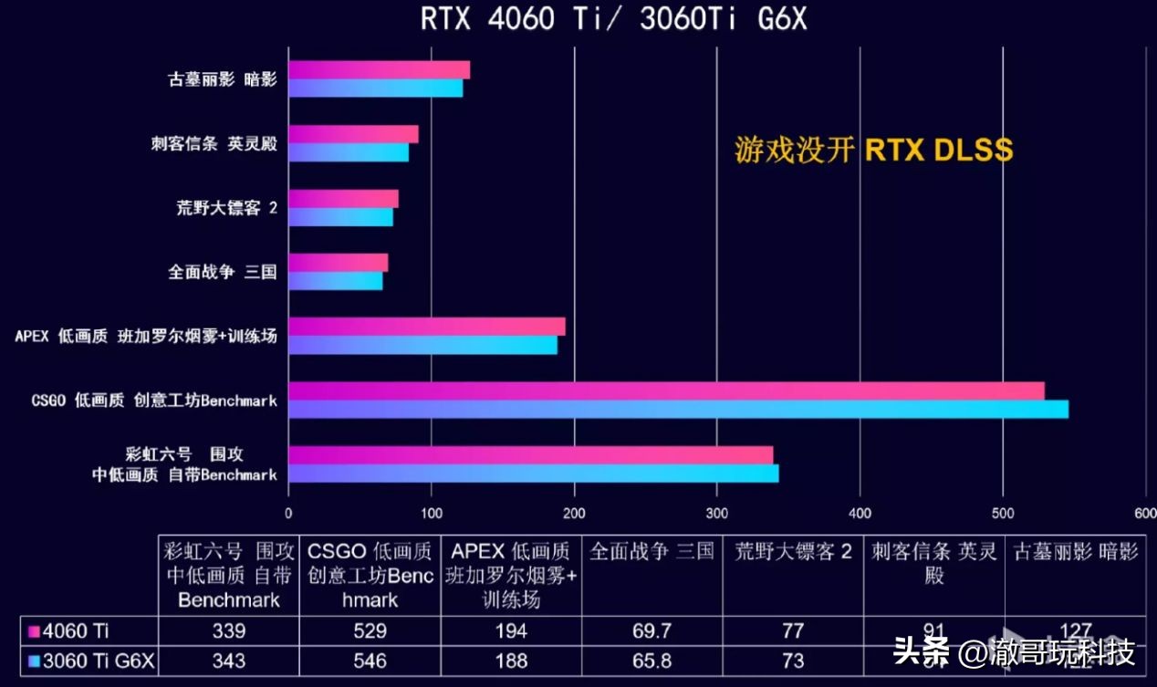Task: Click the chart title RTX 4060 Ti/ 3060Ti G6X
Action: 613,19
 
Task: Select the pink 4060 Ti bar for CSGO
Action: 666,390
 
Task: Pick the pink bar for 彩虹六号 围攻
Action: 530,454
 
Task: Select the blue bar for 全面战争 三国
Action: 335,281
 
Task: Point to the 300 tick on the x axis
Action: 717,513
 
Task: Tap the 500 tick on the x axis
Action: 1003,513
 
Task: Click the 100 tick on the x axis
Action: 432,513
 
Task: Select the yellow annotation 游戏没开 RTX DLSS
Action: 873,150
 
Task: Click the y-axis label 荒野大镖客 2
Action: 226,208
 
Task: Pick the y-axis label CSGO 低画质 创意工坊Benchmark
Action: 153,401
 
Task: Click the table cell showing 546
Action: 370,660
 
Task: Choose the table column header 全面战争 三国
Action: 651,552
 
